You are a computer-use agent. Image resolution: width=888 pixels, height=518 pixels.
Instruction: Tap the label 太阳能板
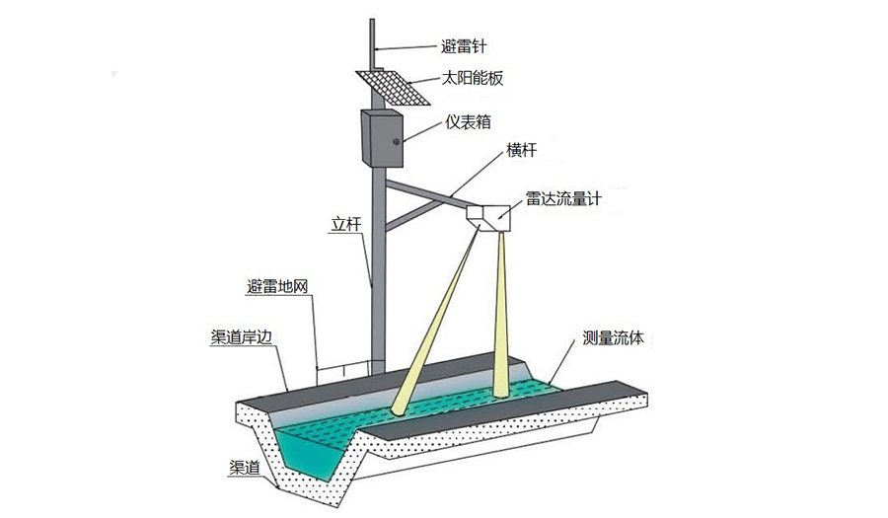pyautogui.click(x=471, y=78)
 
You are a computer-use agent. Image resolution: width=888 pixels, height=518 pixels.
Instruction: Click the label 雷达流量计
pyautogui.click(x=563, y=198)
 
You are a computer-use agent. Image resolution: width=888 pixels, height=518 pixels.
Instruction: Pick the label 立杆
pyautogui.click(x=346, y=225)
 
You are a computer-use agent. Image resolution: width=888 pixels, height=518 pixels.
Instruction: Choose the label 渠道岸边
pyautogui.click(x=242, y=335)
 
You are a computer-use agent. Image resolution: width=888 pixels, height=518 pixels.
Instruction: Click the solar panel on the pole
pyautogui.click(x=393, y=86)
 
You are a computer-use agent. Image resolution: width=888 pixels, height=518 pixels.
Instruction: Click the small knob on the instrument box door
pyautogui.click(x=397, y=143)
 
